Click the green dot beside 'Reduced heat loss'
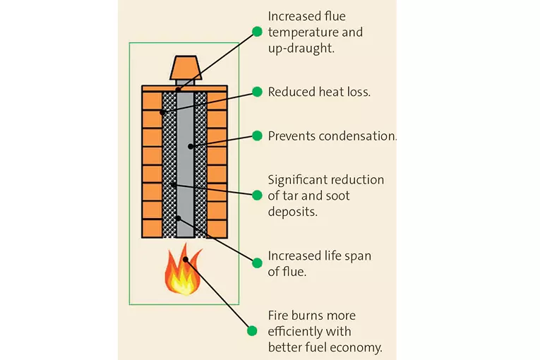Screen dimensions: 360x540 tap(258, 92)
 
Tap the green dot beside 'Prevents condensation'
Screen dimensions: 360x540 tap(258, 136)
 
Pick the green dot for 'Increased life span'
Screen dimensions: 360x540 tap(258, 263)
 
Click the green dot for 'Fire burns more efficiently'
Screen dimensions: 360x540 tap(252, 330)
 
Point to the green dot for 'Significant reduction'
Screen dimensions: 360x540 tap(258, 195)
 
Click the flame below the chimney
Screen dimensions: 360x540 tap(182, 272)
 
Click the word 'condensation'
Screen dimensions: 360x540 tap(353, 136)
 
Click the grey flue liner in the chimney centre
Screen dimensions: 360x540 tap(185, 162)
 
